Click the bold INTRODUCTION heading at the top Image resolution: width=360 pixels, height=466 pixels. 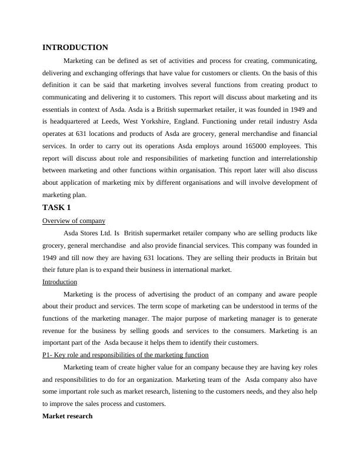[x=75, y=48]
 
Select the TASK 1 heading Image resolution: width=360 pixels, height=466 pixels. [x=56, y=208]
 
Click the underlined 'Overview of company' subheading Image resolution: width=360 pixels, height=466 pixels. [x=74, y=221]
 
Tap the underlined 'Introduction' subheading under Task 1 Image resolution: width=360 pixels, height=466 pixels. [x=59, y=282]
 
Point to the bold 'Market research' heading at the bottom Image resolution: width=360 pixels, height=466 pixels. [x=67, y=416]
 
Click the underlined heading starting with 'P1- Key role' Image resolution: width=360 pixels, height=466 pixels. [x=125, y=355]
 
